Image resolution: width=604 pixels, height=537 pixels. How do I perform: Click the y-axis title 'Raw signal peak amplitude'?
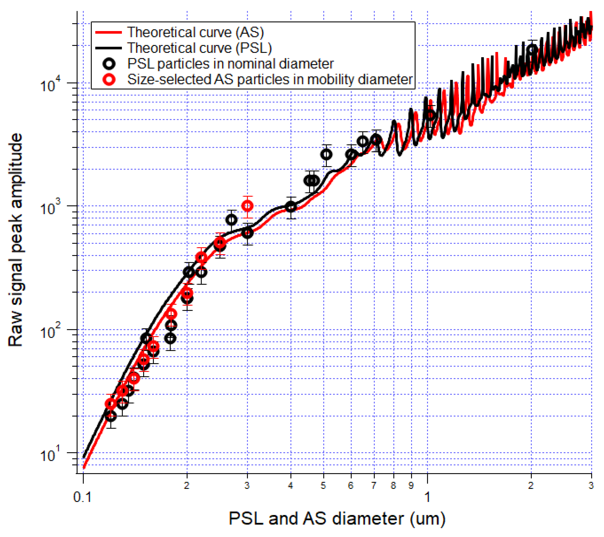point(15,240)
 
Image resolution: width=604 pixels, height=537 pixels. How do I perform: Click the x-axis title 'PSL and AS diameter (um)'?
point(337,518)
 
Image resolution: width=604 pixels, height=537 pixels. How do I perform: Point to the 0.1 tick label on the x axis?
point(82,497)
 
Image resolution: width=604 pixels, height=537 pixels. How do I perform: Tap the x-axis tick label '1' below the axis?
point(427,497)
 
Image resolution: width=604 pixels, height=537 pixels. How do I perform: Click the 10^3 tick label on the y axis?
point(50,207)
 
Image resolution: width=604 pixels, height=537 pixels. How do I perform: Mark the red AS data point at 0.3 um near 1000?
point(247,206)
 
